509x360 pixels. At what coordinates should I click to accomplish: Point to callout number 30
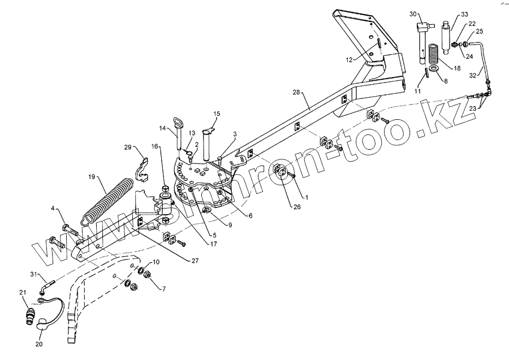tap(412, 14)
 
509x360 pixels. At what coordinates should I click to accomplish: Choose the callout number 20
tap(38, 342)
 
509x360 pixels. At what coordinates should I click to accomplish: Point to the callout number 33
tap(464, 14)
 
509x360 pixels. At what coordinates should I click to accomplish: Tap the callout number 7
tap(163, 289)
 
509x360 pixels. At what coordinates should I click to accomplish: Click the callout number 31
tap(33, 275)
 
